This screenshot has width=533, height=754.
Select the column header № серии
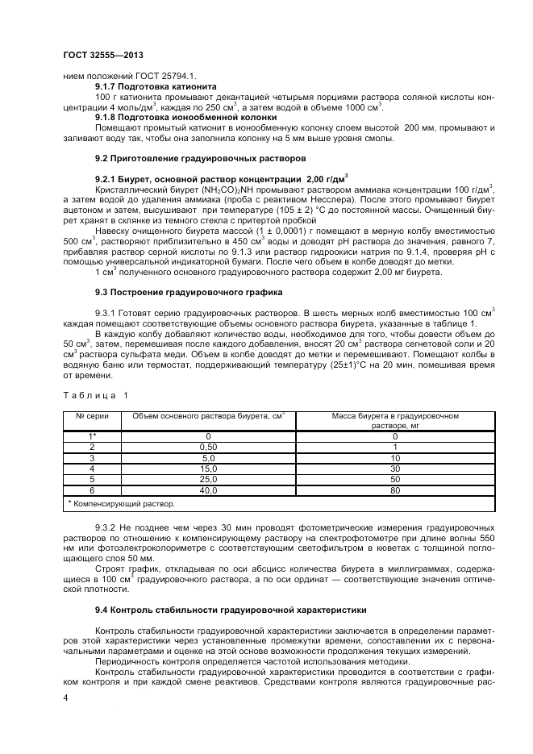92,417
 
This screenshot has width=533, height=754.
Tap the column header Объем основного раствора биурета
209,417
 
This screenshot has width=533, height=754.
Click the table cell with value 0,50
208,447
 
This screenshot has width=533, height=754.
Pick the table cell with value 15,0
208,468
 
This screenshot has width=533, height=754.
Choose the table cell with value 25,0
208,479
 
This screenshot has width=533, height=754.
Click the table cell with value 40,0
208,489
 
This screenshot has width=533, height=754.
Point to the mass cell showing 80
395,489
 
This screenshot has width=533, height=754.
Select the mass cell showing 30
395,468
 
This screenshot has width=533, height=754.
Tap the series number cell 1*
92,436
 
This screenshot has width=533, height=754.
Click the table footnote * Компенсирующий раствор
121,504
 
